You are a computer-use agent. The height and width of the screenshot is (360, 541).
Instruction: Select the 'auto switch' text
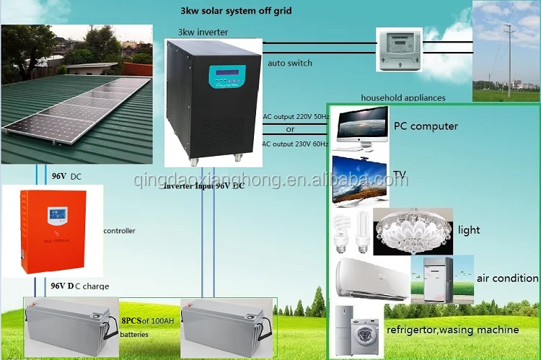[x=290, y=63]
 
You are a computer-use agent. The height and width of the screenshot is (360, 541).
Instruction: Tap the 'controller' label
[x=120, y=231]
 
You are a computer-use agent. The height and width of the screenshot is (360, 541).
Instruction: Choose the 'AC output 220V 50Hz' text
[x=296, y=116]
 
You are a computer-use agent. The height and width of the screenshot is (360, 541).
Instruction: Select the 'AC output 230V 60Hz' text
[x=296, y=144]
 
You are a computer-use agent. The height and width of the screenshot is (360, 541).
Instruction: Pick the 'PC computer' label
[x=426, y=126]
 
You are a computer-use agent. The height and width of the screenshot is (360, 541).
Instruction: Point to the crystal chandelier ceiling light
[x=412, y=230]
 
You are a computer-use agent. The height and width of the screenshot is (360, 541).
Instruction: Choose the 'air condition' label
[x=507, y=278]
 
